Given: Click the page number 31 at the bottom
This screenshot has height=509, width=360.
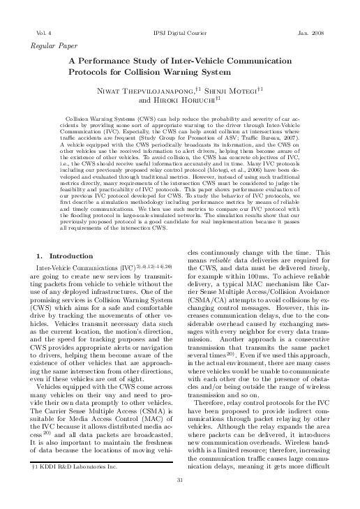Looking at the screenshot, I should [180, 499].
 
